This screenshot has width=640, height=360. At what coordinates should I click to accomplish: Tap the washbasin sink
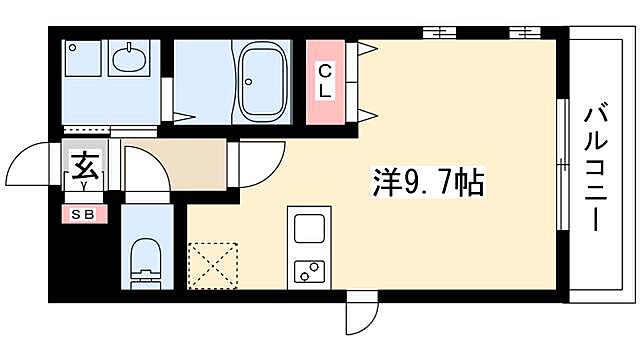click(130, 60)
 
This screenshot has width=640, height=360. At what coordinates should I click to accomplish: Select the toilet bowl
click(145, 259)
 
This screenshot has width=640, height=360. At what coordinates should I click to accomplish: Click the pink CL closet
click(327, 81)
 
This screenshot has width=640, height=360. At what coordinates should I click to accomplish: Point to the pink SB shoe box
click(82, 213)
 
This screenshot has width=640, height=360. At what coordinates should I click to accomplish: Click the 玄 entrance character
click(82, 161)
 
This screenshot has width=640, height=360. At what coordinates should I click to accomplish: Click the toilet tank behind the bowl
click(145, 281)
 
